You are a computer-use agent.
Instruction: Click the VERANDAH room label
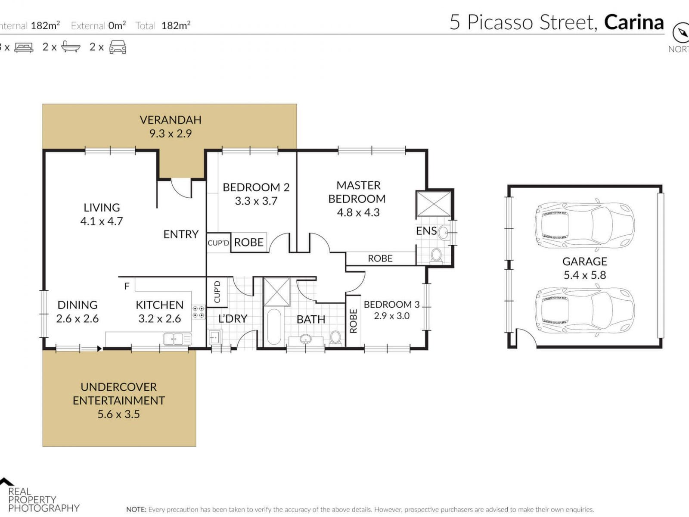[x=171, y=120]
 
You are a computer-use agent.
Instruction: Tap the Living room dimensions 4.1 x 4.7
[x=101, y=221]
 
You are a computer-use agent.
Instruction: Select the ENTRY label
[x=181, y=234]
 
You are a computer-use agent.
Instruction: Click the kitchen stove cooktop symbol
[x=199, y=311]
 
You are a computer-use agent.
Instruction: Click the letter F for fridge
[x=127, y=286]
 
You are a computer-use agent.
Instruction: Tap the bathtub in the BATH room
[x=274, y=327]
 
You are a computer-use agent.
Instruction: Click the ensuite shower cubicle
[x=434, y=204]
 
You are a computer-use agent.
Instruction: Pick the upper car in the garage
[x=585, y=225]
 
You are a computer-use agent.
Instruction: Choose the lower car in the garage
[x=585, y=310]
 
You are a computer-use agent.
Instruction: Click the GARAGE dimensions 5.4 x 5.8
[x=584, y=275]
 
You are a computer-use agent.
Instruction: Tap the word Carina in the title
[x=634, y=22]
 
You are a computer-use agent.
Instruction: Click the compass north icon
[x=681, y=33]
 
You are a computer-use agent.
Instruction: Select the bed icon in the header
[x=24, y=47]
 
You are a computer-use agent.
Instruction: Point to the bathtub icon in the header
[x=71, y=47]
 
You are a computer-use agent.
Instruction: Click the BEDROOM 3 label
[x=391, y=304]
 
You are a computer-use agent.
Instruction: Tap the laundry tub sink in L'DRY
[x=215, y=337]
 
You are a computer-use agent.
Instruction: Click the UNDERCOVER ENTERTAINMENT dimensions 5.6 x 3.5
[x=118, y=414]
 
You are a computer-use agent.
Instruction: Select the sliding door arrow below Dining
[x=90, y=349]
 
